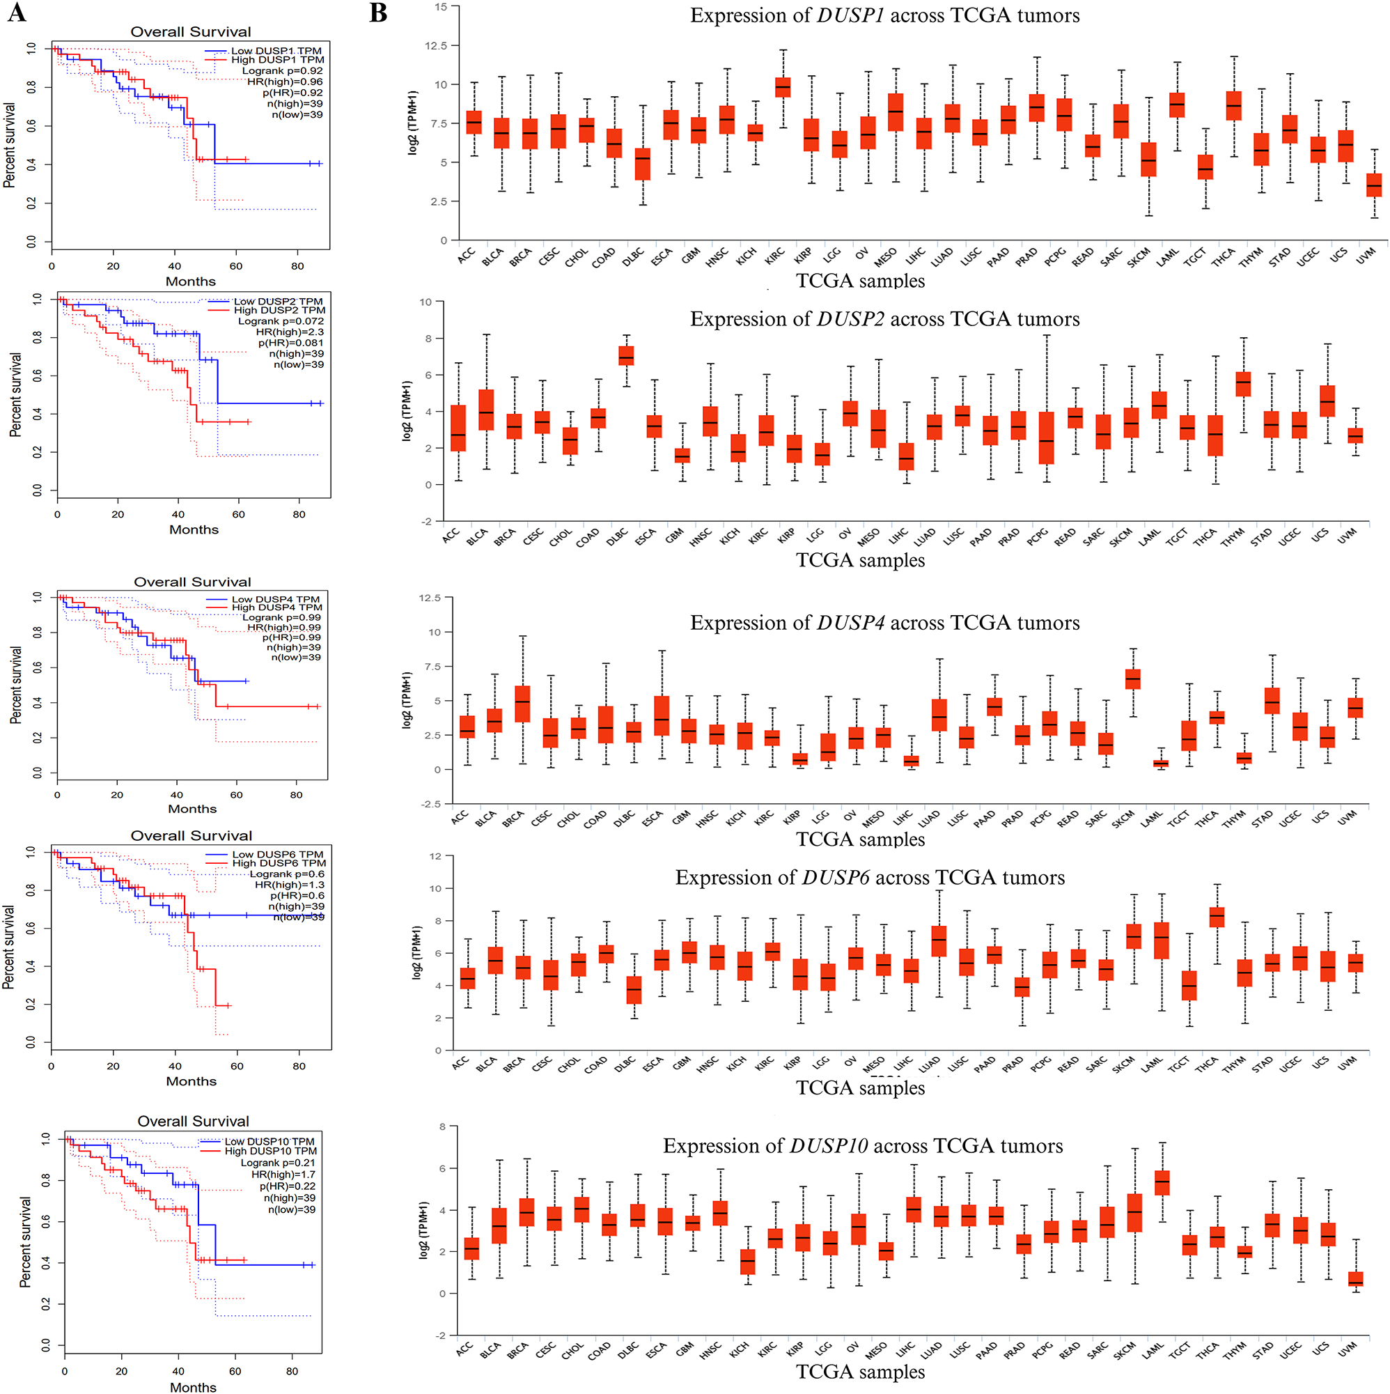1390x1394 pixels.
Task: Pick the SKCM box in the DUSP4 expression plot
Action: pyautogui.click(x=1132, y=679)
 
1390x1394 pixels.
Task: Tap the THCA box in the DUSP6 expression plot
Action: pyautogui.click(x=1216, y=916)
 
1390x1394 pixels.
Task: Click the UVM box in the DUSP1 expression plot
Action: pyautogui.click(x=1373, y=185)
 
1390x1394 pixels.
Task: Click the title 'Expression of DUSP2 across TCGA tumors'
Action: pyautogui.click(x=884, y=319)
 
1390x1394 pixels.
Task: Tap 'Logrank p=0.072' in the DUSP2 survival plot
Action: pyautogui.click(x=281, y=320)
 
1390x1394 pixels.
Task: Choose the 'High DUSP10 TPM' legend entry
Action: pyautogui.click(x=270, y=1151)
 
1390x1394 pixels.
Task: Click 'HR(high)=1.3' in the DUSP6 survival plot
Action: pyautogui.click(x=289, y=885)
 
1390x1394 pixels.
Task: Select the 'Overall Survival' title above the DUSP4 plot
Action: pyautogui.click(x=192, y=582)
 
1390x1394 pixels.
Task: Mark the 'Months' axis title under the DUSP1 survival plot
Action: pyautogui.click(x=190, y=281)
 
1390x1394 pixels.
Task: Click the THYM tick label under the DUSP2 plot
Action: pyautogui.click(x=1233, y=537)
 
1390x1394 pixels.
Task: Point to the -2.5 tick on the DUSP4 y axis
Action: pyautogui.click(x=430, y=804)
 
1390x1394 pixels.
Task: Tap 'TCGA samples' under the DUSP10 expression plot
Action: pyautogui.click(x=860, y=1372)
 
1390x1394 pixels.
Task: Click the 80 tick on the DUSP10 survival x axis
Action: pyautogui.click(x=291, y=1371)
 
